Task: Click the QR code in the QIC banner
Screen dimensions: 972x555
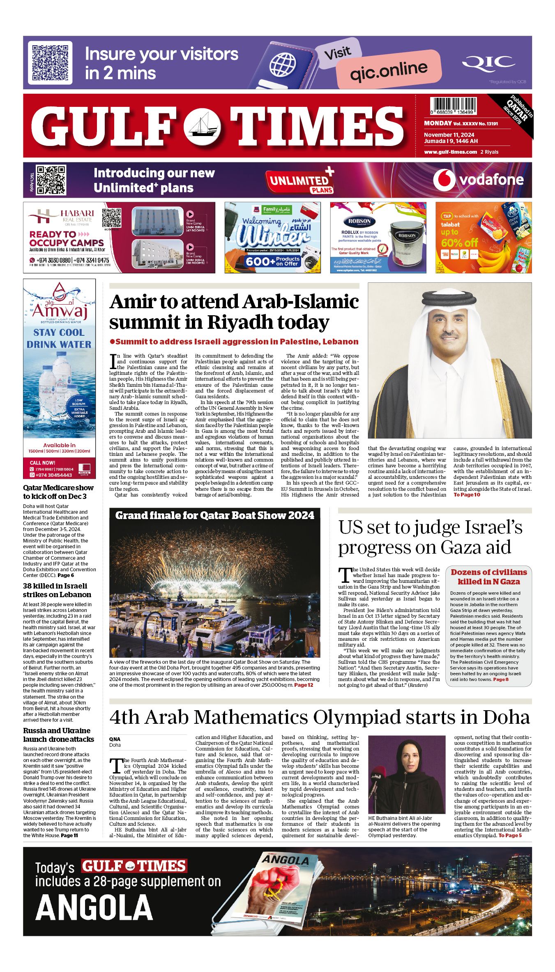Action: tap(50, 62)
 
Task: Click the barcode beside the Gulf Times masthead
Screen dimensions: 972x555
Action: tap(453, 105)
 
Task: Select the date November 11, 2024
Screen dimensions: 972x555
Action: tap(449, 135)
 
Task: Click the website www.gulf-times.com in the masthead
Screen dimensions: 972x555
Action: tap(451, 152)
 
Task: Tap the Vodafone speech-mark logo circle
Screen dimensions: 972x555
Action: tap(444, 180)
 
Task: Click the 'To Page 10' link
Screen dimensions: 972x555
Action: tap(467, 495)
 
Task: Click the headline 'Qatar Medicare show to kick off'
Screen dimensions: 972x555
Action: tap(58, 492)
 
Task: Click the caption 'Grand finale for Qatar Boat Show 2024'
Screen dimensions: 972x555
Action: tap(214, 516)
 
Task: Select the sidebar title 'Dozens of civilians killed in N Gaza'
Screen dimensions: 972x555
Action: tap(488, 577)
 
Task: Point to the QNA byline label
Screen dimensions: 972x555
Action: tap(115, 739)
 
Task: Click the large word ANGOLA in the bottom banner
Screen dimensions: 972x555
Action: tap(94, 908)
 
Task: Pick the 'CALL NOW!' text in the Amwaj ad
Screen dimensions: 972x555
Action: tap(42, 463)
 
